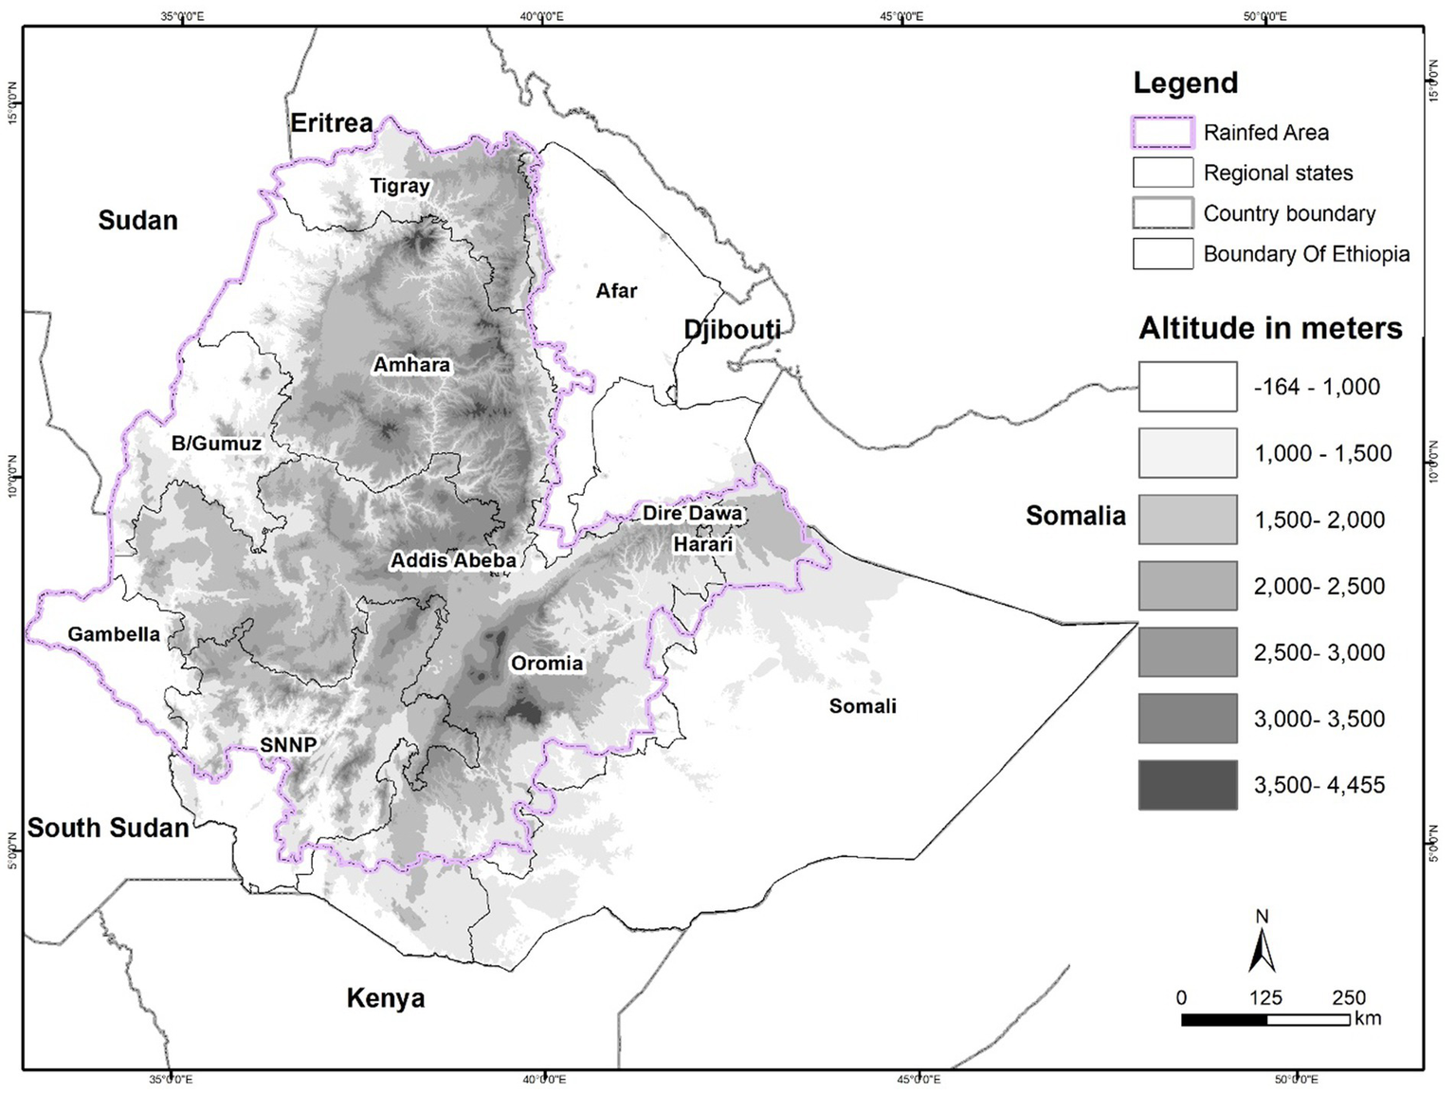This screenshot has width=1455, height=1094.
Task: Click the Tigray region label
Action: click(400, 186)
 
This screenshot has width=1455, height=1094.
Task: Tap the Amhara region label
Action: click(411, 365)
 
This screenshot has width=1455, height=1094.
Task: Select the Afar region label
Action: click(616, 291)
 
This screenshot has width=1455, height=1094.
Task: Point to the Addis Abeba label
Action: click(453, 560)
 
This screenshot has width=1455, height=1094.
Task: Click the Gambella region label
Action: click(114, 634)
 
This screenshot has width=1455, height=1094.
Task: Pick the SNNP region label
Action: click(288, 745)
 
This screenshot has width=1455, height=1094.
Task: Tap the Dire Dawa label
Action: click(692, 513)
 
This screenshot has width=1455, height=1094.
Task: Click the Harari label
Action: click(703, 544)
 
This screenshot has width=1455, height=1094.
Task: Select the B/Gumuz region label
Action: click(216, 443)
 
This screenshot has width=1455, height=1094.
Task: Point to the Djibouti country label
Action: click(733, 329)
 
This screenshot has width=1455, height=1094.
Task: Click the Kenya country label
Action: click(386, 997)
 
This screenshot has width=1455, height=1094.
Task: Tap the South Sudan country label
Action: click(108, 828)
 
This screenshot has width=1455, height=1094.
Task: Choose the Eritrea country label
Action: click(332, 123)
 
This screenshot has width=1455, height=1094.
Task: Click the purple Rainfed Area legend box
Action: click(1162, 133)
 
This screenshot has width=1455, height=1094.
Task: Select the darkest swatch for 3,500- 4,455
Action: click(1188, 785)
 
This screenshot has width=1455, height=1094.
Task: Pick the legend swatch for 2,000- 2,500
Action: click(1188, 586)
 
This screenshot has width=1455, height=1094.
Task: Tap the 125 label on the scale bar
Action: click(1265, 997)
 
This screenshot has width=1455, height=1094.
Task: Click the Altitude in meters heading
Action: click(1270, 328)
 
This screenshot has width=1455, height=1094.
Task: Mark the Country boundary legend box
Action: click(1162, 213)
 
